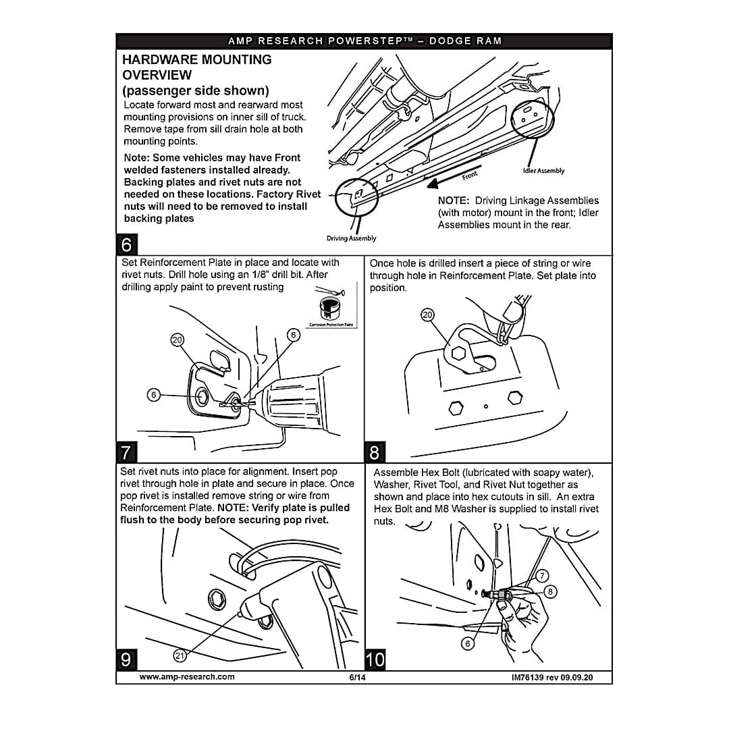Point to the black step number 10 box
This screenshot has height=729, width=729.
375,658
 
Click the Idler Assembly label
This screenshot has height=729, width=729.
543,171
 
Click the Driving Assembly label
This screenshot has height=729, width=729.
352,238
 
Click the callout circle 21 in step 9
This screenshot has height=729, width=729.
180,655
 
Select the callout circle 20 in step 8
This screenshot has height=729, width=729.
428,315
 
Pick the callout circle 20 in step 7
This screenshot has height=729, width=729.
178,341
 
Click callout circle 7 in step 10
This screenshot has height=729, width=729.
542,576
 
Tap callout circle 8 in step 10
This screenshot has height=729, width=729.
550,592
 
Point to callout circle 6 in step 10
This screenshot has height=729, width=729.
466,643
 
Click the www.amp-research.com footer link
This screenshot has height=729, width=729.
187,676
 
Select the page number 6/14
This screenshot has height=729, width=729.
357,677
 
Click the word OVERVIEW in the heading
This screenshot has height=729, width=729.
157,75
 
